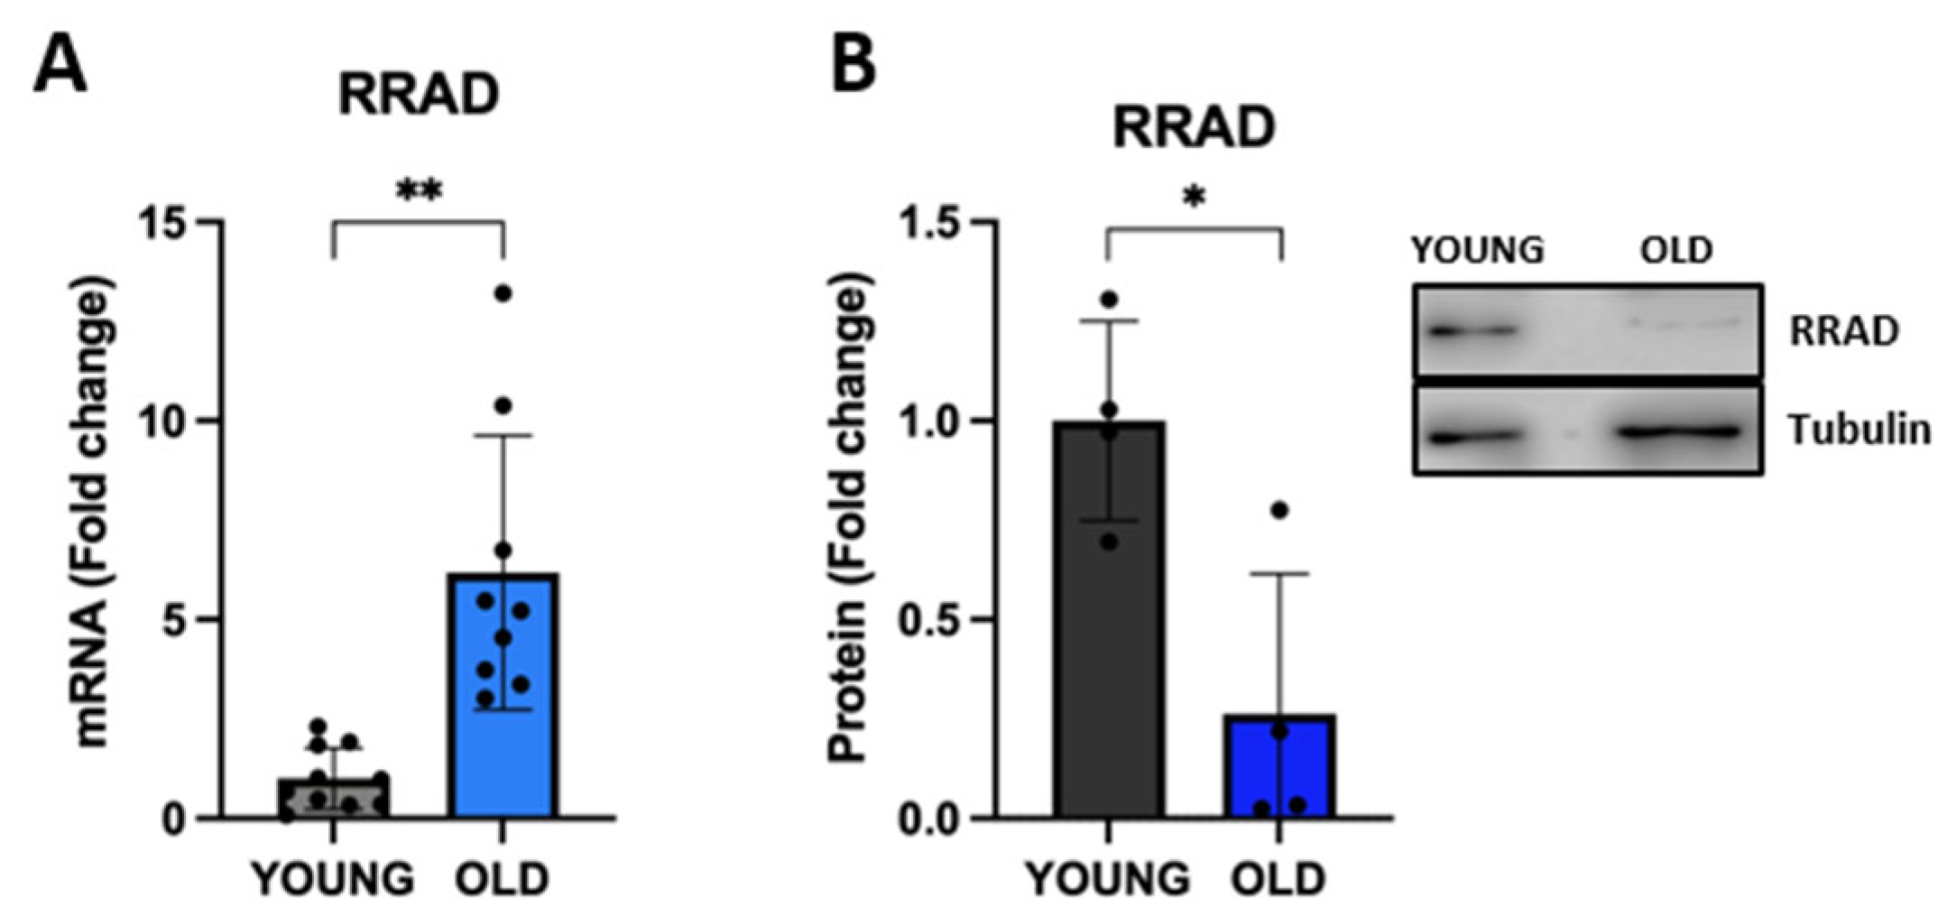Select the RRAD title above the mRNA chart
(x=419, y=95)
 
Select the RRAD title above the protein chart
(x=1193, y=128)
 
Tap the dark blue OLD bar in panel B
(x=1280, y=767)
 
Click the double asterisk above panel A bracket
(x=420, y=191)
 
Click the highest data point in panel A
(x=503, y=293)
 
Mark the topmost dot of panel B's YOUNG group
(x=1109, y=300)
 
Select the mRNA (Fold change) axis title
(x=94, y=514)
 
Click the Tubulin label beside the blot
(x=1859, y=431)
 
